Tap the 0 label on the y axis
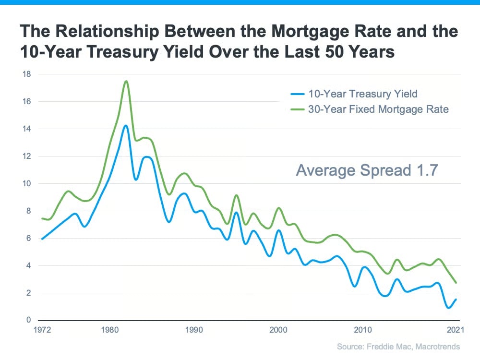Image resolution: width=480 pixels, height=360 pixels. [28, 320]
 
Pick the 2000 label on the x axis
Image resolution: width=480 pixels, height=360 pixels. [279, 331]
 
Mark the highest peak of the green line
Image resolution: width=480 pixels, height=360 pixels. [126, 81]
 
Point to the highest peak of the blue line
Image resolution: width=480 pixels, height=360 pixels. [126, 126]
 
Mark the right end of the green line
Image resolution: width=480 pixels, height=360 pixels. [456, 283]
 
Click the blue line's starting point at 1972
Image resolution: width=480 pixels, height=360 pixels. [42, 239]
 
